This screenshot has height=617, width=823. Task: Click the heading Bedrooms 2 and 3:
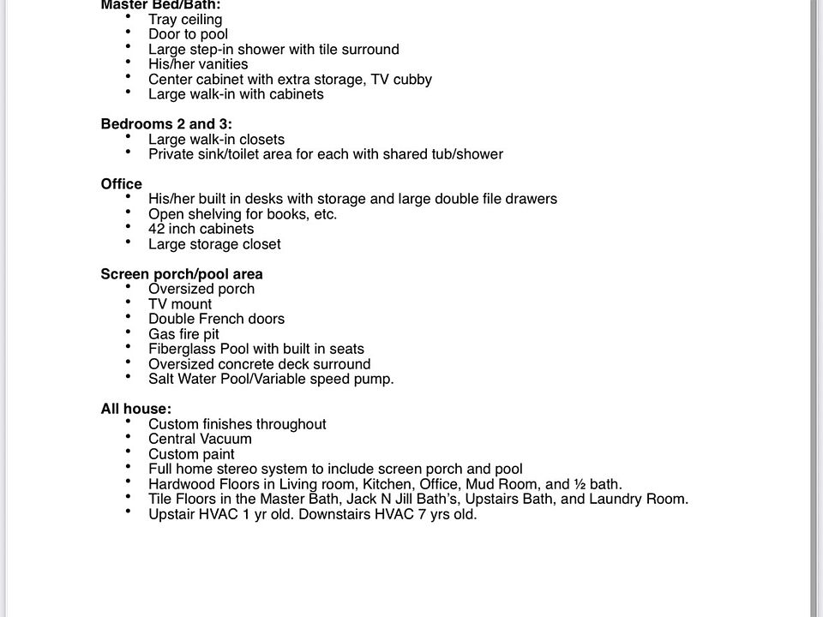(166, 124)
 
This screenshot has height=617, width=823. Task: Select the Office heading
(122, 184)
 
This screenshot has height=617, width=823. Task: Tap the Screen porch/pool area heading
(182, 274)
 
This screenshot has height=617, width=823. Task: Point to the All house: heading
(135, 410)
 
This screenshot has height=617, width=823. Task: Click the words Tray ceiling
(185, 19)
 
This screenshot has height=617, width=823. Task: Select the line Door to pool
(188, 34)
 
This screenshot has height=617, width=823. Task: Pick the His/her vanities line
(198, 64)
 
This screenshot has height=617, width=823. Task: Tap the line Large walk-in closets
(216, 140)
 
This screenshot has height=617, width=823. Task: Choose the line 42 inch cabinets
(201, 229)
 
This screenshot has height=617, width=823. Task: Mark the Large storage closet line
(214, 244)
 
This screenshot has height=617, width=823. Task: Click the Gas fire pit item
(183, 334)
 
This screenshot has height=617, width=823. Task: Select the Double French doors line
(216, 319)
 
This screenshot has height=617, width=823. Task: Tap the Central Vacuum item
(200, 439)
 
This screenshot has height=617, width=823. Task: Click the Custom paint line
(191, 454)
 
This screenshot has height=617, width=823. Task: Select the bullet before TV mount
(129, 303)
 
